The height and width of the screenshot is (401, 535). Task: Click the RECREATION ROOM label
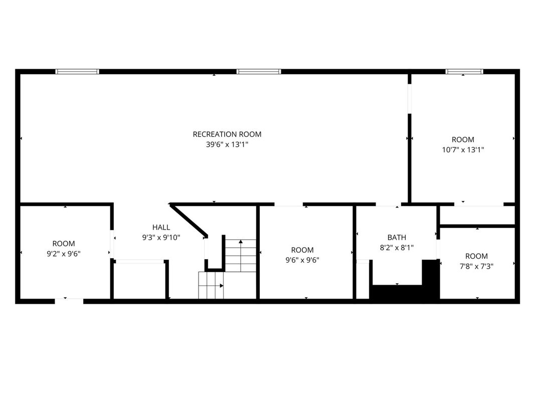227,134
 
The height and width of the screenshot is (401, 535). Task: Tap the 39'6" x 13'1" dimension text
227,144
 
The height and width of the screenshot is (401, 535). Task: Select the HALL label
161,228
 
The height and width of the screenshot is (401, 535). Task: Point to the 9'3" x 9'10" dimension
161,238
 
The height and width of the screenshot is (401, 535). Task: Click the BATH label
397,237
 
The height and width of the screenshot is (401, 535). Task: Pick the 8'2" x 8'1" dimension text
397,248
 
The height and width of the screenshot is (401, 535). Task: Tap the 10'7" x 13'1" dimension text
463,150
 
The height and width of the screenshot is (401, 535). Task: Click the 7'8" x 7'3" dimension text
476,266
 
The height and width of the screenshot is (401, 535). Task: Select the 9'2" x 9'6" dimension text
64,254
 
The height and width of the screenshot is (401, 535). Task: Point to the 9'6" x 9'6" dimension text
302,260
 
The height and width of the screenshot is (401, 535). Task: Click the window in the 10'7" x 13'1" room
464,72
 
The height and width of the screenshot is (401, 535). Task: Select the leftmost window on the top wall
77,72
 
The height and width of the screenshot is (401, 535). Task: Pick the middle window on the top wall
259,72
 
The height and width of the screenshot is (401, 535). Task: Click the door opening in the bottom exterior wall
69,301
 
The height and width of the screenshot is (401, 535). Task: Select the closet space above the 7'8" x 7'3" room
477,215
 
